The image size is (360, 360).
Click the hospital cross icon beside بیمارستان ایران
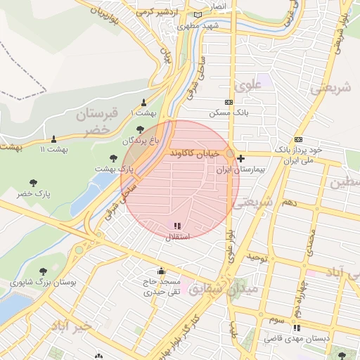(x=241, y=158)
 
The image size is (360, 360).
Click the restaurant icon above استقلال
(x=176, y=226)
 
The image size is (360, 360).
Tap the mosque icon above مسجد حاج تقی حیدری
(x=161, y=271)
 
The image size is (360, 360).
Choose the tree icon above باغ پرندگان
(x=140, y=129)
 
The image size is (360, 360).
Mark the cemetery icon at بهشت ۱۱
(x=53, y=138)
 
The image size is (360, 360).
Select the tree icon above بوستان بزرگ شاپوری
(x=43, y=271)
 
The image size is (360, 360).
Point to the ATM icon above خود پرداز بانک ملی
(x=298, y=139)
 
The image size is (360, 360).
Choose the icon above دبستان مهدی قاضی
(x=297, y=328)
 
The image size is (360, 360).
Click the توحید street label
(x=257, y=258)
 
